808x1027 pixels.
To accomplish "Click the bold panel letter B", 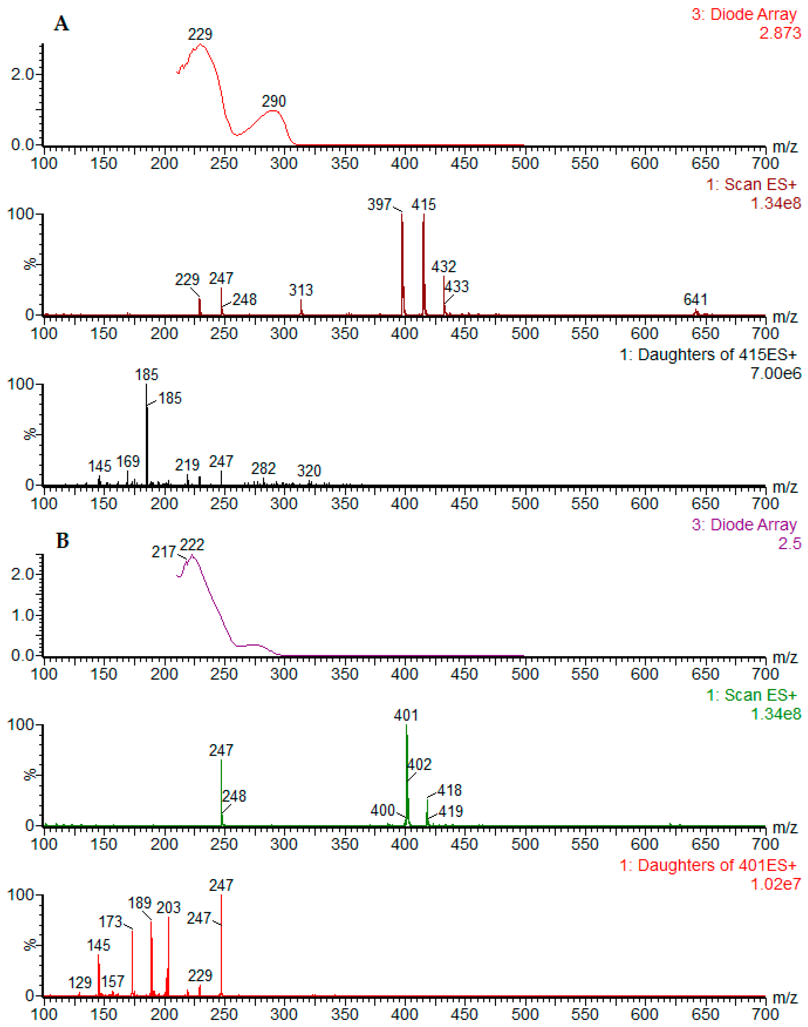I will (x=62, y=541).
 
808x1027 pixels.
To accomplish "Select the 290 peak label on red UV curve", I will (x=274, y=101).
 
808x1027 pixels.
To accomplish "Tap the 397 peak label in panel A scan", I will (x=380, y=205).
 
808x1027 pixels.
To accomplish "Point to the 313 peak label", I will (x=301, y=290).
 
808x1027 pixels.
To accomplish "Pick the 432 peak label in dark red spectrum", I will (x=443, y=266).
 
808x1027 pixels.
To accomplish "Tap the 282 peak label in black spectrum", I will (x=263, y=468).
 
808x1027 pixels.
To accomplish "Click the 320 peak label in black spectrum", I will (x=309, y=471).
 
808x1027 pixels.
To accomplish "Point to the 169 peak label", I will (x=128, y=461).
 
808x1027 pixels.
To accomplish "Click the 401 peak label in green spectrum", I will (x=406, y=715).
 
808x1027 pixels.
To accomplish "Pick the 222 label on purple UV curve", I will (x=192, y=545).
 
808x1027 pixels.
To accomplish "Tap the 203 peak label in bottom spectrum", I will (x=169, y=908).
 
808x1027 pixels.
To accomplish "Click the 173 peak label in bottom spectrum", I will (x=110, y=922).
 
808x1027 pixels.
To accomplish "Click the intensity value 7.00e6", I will (x=776, y=374).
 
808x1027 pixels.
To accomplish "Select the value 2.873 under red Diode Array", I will (x=780, y=33).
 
